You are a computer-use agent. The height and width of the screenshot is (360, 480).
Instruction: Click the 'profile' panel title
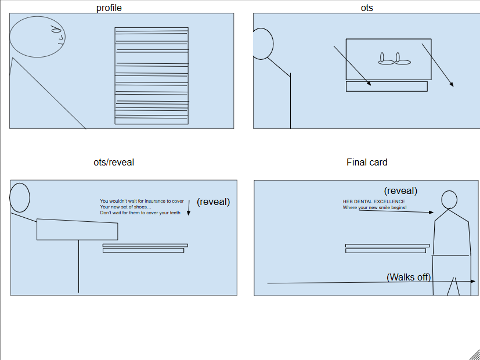[109, 8]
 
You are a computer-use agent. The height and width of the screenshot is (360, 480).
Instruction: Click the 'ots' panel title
[367, 8]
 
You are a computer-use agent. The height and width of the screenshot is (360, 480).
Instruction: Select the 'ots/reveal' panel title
[114, 162]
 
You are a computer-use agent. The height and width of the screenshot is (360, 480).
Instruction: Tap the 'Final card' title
[367, 162]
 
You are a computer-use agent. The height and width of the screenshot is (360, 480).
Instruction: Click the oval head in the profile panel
[37, 37]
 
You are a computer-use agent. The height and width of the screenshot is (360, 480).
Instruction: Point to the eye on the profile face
[55, 28]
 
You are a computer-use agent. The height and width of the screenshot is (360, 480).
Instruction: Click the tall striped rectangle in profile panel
[151, 75]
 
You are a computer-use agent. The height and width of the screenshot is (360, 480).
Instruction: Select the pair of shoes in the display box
[395, 59]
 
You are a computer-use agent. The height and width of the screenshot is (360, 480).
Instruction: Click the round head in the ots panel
[263, 44]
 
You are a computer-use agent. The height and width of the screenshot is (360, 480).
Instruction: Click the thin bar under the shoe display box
[387, 87]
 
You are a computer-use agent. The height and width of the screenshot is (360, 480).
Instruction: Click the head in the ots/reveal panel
[20, 197]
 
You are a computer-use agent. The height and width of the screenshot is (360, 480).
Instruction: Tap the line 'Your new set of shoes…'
[125, 207]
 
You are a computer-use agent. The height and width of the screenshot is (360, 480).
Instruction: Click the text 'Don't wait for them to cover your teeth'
[140, 213]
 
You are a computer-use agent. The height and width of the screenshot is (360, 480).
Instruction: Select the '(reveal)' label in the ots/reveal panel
[213, 202]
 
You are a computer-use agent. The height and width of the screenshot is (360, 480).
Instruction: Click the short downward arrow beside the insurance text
[189, 208]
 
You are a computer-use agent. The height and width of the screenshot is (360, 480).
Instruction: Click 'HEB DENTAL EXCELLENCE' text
[374, 201]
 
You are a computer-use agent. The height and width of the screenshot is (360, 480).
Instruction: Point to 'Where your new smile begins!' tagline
[374, 207]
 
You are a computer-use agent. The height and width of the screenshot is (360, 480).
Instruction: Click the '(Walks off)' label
[409, 277]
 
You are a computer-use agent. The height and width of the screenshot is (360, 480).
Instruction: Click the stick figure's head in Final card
[449, 199]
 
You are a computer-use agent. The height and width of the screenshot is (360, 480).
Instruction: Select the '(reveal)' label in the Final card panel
[400, 190]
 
